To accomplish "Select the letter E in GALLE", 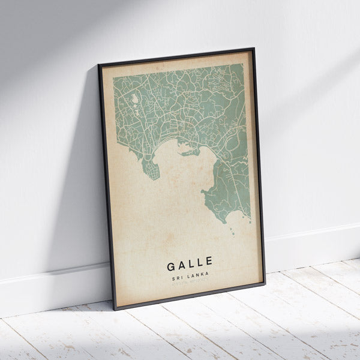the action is tap(208, 262).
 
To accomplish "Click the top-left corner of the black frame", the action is tap(99, 64).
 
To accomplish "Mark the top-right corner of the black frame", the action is tap(253, 49).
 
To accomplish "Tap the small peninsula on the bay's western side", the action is tap(151, 169).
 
